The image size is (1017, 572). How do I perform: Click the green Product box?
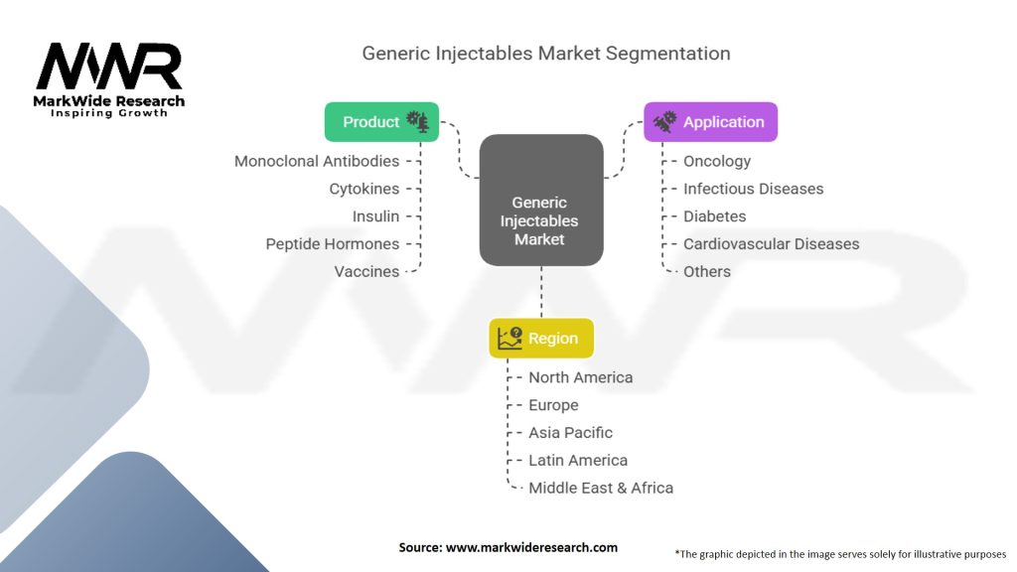tap(381, 122)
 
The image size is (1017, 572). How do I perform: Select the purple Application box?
tap(710, 122)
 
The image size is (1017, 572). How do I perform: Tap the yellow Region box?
tap(541, 339)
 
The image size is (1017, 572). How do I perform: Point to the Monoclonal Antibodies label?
tap(317, 161)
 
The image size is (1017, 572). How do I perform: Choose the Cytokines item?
tap(364, 189)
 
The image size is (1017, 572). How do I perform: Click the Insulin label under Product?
tap(375, 216)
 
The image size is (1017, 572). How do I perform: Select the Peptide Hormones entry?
tap(333, 244)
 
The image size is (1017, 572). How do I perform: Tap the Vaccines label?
tap(366, 272)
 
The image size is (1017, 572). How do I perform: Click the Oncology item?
tap(717, 161)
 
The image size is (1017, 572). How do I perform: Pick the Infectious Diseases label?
tap(753, 189)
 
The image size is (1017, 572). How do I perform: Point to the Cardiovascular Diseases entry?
tap(771, 244)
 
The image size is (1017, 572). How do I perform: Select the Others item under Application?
tap(707, 272)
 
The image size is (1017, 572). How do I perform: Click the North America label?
tap(580, 377)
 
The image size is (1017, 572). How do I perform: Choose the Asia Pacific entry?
tap(570, 433)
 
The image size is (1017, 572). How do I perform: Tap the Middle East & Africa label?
tap(600, 489)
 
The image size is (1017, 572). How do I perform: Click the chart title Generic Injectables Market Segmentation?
tap(546, 54)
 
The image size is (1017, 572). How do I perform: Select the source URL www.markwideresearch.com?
tap(531, 547)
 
